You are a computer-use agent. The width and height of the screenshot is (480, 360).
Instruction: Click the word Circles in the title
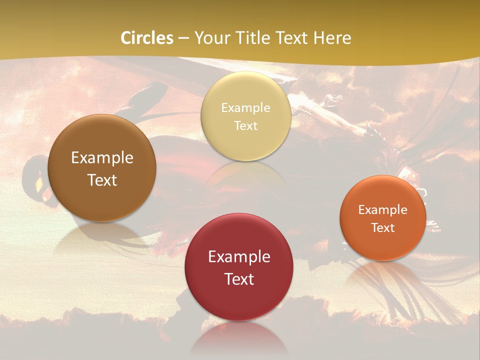[x=146, y=38]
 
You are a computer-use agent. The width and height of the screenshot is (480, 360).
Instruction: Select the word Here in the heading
[x=332, y=38]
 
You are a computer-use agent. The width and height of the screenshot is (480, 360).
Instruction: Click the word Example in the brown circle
[x=102, y=158]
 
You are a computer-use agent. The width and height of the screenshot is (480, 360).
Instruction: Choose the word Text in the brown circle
[x=102, y=180]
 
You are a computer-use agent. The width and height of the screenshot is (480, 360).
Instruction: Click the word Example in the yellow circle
[x=245, y=108]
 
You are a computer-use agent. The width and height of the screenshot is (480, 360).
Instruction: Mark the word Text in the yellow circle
[x=245, y=125]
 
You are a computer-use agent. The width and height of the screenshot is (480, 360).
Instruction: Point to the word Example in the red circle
[x=239, y=257]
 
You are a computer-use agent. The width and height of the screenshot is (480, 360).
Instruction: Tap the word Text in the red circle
[x=239, y=279]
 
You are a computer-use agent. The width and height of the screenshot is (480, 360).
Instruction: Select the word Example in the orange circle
[x=383, y=210]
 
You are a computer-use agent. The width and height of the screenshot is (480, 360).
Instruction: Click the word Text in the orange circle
[x=383, y=227]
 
